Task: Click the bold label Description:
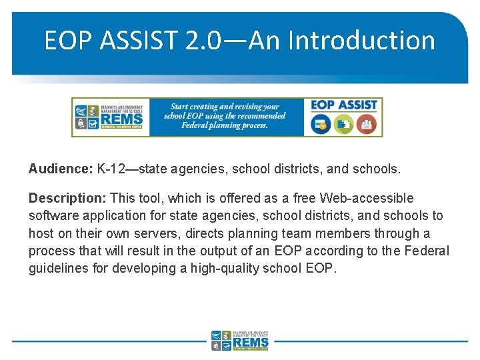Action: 67,199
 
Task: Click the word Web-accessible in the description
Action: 367,199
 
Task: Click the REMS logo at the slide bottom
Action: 240,340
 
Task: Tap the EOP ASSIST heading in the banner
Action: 343,105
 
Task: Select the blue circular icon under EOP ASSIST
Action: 322,123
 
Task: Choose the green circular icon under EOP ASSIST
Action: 344,123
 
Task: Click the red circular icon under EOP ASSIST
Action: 366,123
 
